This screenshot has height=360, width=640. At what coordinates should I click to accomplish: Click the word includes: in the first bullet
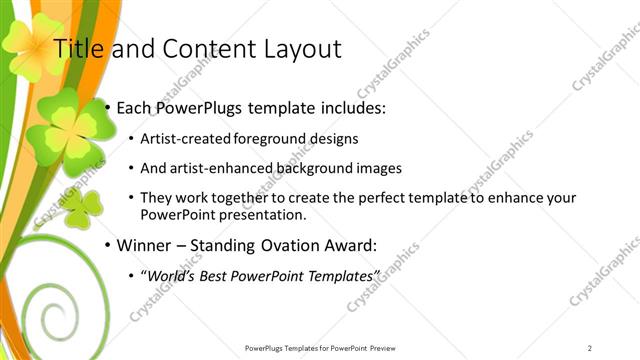(x=350, y=106)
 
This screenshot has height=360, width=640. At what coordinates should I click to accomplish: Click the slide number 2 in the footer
(x=590, y=348)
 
